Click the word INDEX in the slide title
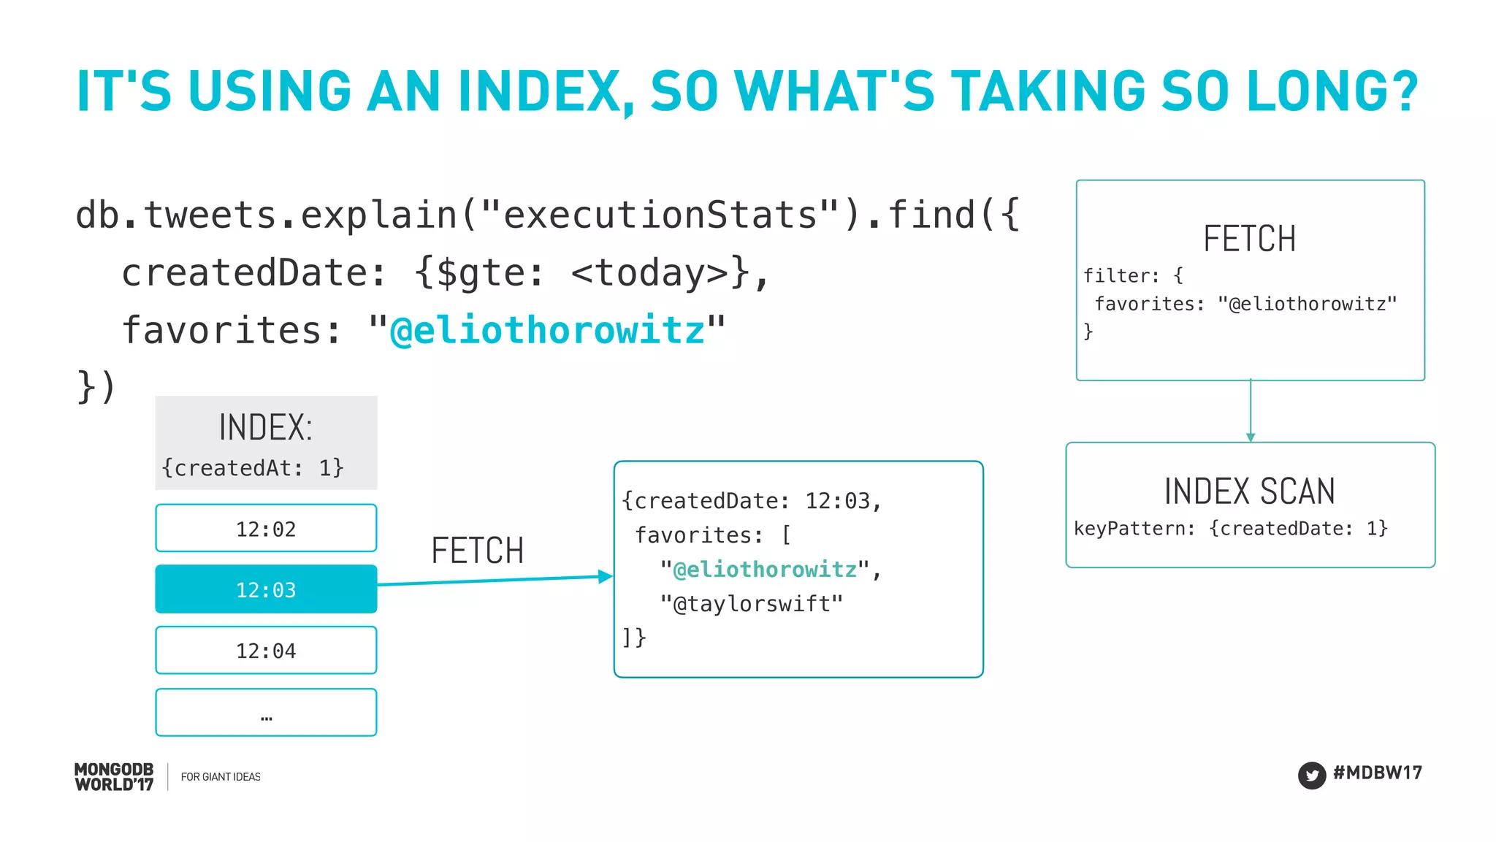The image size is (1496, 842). click(540, 92)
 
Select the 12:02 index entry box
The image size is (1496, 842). click(266, 528)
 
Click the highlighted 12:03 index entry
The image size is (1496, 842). click(266, 589)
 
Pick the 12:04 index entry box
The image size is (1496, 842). click(266, 650)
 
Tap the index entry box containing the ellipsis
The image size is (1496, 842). click(266, 712)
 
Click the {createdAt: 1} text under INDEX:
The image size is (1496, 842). click(253, 467)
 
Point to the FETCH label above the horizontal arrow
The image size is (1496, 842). click(478, 551)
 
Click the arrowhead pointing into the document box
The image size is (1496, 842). click(605, 576)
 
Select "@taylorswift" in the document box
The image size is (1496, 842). click(752, 604)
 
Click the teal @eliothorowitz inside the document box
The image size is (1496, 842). click(765, 569)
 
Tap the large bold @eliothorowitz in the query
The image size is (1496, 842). click(548, 330)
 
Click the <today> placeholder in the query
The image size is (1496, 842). click(650, 273)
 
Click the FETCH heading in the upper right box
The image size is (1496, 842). click(1249, 239)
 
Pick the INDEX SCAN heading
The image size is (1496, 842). click(1249, 491)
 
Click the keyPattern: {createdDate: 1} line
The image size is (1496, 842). click(1231, 528)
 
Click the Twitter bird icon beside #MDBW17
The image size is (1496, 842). click(1311, 775)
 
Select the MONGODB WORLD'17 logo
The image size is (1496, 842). click(114, 777)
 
